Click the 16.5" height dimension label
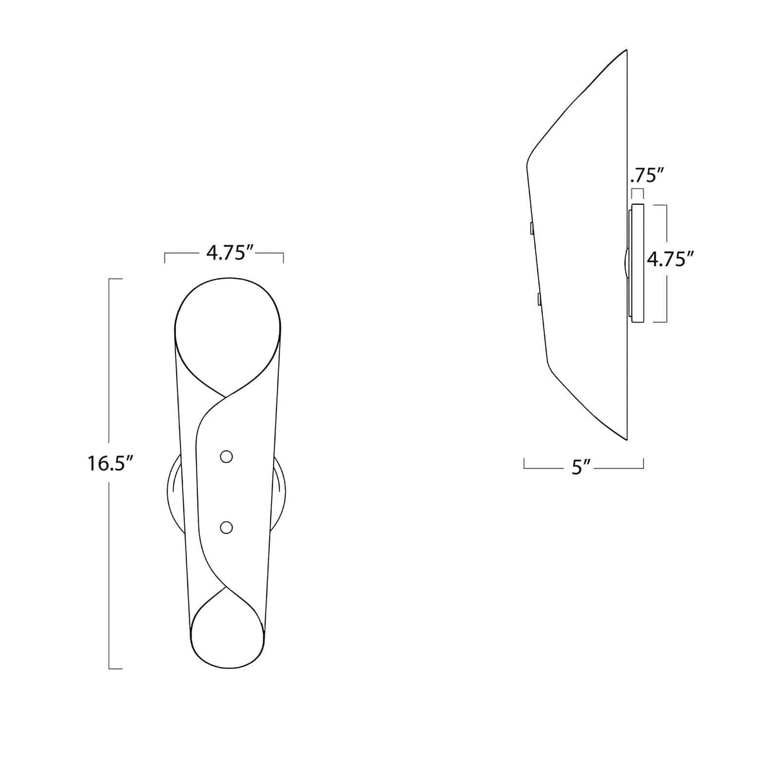click(110, 463)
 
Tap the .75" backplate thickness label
click(646, 175)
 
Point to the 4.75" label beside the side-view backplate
click(670, 260)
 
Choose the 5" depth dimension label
click(581, 467)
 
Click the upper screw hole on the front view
click(226, 456)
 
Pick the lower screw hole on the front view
click(226, 527)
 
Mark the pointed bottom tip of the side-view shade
click(625, 439)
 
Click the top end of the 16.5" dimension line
click(115, 279)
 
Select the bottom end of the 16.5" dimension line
click(115, 669)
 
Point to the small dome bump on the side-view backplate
click(625, 263)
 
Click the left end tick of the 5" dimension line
click(524, 464)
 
